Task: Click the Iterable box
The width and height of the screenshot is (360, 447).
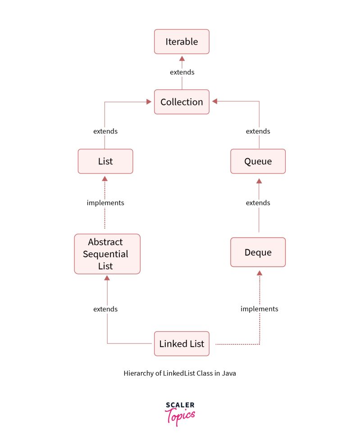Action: (x=182, y=42)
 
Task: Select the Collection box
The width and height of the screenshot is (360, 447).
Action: (x=182, y=102)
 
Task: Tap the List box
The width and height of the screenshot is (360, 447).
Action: (x=105, y=161)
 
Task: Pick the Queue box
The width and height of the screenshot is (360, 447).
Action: (x=258, y=161)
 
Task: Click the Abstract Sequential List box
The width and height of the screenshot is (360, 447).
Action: (x=107, y=254)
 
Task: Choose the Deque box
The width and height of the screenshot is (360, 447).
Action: (x=258, y=252)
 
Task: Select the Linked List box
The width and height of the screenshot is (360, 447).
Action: (x=182, y=344)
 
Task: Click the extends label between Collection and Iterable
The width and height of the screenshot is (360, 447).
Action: (x=182, y=72)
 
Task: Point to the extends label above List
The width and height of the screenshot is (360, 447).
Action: (x=105, y=131)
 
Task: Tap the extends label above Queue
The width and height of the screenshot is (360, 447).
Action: (x=258, y=131)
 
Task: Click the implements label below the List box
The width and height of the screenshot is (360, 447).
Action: (x=105, y=203)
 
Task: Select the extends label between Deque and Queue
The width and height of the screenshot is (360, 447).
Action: (x=258, y=203)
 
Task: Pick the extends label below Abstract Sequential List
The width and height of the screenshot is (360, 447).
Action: (x=105, y=309)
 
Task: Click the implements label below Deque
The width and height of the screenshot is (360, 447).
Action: (x=259, y=309)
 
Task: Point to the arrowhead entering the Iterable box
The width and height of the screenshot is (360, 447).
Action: (x=182, y=58)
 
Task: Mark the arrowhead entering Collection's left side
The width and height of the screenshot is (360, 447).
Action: (x=148, y=102)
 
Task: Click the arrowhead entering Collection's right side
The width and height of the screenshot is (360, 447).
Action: (x=215, y=102)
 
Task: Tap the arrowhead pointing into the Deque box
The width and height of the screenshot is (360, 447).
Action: (x=259, y=273)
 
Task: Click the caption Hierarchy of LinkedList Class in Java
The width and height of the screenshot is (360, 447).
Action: (x=180, y=373)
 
